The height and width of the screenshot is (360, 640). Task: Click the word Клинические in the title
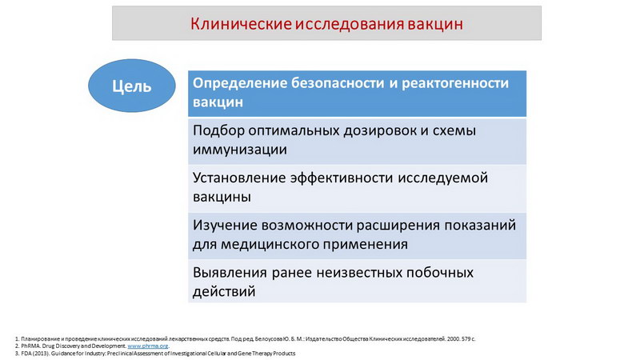[242, 24]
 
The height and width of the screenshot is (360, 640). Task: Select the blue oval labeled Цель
[132, 86]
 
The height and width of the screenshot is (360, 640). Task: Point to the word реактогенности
[455, 83]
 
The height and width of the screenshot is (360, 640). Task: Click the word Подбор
[218, 130]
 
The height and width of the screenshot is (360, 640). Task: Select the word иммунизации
[240, 150]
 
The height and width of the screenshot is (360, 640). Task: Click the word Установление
[238, 178]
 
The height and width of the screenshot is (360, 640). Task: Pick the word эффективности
[342, 178]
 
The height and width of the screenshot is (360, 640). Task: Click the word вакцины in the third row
[222, 197]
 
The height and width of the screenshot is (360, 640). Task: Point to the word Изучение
[225, 226]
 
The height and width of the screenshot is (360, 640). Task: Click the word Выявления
[230, 273]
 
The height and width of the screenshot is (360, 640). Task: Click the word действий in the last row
[224, 291]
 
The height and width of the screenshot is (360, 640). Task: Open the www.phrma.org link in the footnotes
[148, 346]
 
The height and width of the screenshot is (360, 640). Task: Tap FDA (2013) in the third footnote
[35, 353]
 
